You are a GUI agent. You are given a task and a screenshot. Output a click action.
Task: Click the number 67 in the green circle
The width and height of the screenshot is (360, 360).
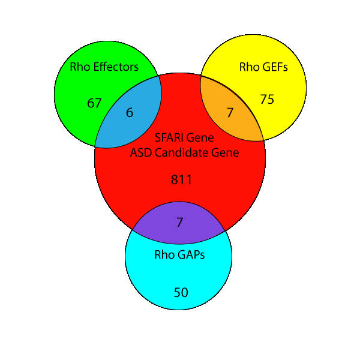tap(94, 103)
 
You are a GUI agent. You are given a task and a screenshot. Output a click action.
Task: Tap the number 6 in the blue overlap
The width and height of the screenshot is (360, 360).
tap(130, 112)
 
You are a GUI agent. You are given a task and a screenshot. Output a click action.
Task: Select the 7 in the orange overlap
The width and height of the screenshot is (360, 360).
tap(229, 112)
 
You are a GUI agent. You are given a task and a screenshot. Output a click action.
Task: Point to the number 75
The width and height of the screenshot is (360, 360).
tap(267, 100)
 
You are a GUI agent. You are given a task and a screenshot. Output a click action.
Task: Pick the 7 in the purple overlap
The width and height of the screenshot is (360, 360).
tap(179, 222)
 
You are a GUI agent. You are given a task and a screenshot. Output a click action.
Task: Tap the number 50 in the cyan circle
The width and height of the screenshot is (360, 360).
tap(181, 293)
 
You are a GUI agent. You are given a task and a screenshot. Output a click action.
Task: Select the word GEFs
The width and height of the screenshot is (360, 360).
tap(275, 67)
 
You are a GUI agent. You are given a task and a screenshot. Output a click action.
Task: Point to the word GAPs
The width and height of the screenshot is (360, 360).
tap(190, 254)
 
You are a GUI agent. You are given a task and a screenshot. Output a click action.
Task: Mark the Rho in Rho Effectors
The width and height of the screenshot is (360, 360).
tap(80, 67)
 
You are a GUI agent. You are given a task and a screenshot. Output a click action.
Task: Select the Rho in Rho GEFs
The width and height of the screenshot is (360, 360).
tap(249, 67)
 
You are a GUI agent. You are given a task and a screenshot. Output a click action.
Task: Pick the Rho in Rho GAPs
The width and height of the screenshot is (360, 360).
tap(164, 254)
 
